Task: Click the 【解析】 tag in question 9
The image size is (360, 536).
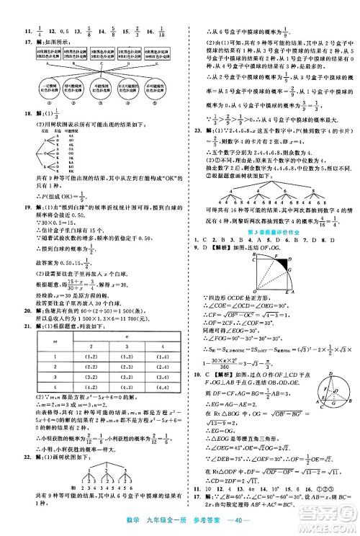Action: (215, 248)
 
